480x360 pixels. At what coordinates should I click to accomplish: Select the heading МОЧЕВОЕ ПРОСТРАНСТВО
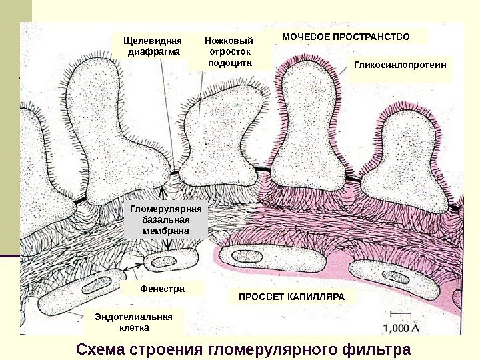[345, 35]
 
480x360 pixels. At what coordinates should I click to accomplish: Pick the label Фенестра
[162, 289]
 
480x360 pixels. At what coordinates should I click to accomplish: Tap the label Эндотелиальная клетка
[133, 322]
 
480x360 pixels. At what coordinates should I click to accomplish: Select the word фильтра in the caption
[377, 349]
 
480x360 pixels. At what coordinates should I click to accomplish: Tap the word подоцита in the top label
[230, 63]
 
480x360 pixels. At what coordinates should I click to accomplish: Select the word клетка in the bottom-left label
[133, 328]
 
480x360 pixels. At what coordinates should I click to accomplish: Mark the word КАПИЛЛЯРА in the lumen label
[317, 295]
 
